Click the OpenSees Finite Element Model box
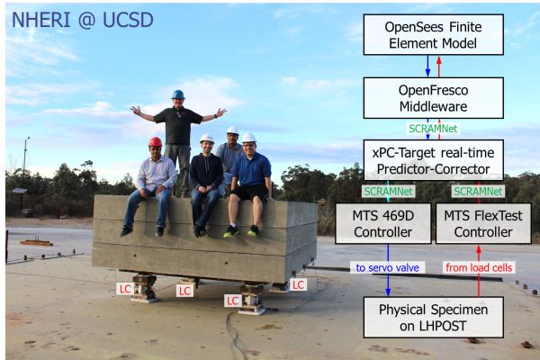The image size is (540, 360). pyautogui.click(x=433, y=35)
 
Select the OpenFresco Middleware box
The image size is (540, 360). pyautogui.click(x=433, y=98)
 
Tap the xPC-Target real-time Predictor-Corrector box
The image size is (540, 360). pyautogui.click(x=433, y=160)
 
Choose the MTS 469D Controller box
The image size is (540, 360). pyautogui.click(x=383, y=223)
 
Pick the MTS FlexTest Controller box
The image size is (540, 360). pyautogui.click(x=483, y=223)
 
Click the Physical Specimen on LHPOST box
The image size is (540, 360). pyautogui.click(x=433, y=318)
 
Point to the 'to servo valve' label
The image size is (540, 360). pyautogui.click(x=387, y=267)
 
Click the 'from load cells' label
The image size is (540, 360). pyautogui.click(x=479, y=267)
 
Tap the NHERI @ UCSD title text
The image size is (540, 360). pyautogui.click(x=83, y=20)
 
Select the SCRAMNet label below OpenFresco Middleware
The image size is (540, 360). pyautogui.click(x=433, y=129)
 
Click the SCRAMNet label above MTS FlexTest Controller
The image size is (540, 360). pyautogui.click(x=479, y=192)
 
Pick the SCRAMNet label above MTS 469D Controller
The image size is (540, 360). pyautogui.click(x=389, y=192)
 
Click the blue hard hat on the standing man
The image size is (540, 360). pyautogui.click(x=178, y=94)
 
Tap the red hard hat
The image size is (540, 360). pyautogui.click(x=156, y=141)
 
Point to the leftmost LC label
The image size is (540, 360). pyautogui.click(x=125, y=289)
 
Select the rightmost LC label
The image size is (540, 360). pyautogui.click(x=298, y=284)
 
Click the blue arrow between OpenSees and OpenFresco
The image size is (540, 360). pyautogui.click(x=427, y=66)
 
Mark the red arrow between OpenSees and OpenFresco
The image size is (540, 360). pyautogui.click(x=439, y=66)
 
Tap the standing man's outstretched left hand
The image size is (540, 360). pyautogui.click(x=220, y=112)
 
